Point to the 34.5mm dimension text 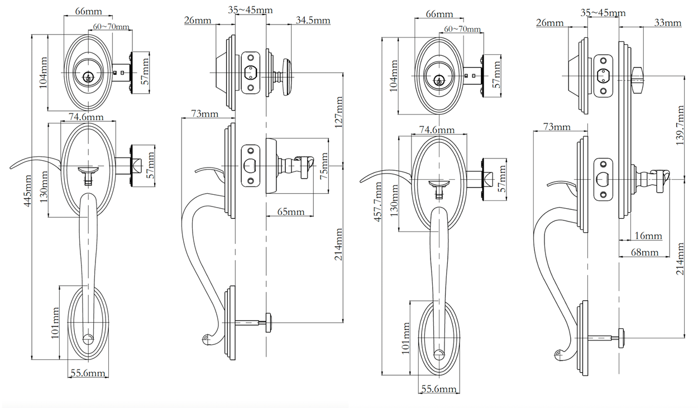[x=313, y=21]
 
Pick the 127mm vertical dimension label [x=338, y=112]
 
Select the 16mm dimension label [x=648, y=236]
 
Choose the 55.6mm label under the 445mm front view [x=88, y=374]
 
